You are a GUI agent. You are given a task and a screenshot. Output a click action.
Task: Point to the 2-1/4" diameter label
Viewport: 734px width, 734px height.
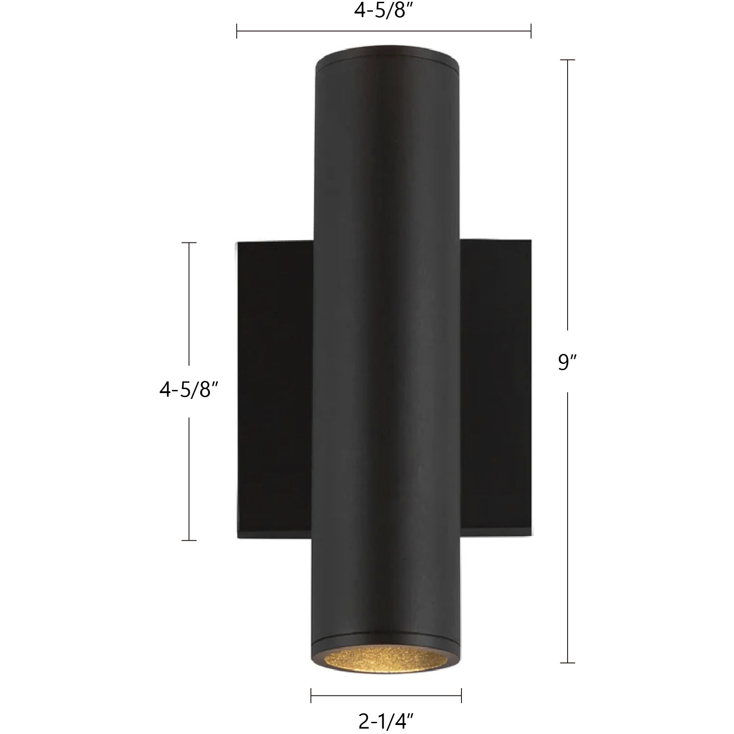click(386, 723)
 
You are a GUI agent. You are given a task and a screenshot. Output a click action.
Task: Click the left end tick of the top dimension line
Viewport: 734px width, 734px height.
click(237, 31)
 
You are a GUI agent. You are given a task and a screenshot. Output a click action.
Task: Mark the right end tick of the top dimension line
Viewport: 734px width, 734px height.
click(531, 31)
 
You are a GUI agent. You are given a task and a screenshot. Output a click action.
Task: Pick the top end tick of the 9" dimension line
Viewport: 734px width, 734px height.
click(568, 60)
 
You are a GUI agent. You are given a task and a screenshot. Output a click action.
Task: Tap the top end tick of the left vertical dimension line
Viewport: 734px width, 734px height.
click(189, 243)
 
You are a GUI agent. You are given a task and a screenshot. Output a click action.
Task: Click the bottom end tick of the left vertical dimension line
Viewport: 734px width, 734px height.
click(189, 540)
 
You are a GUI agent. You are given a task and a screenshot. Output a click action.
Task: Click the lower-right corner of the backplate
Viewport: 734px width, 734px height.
click(531, 537)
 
